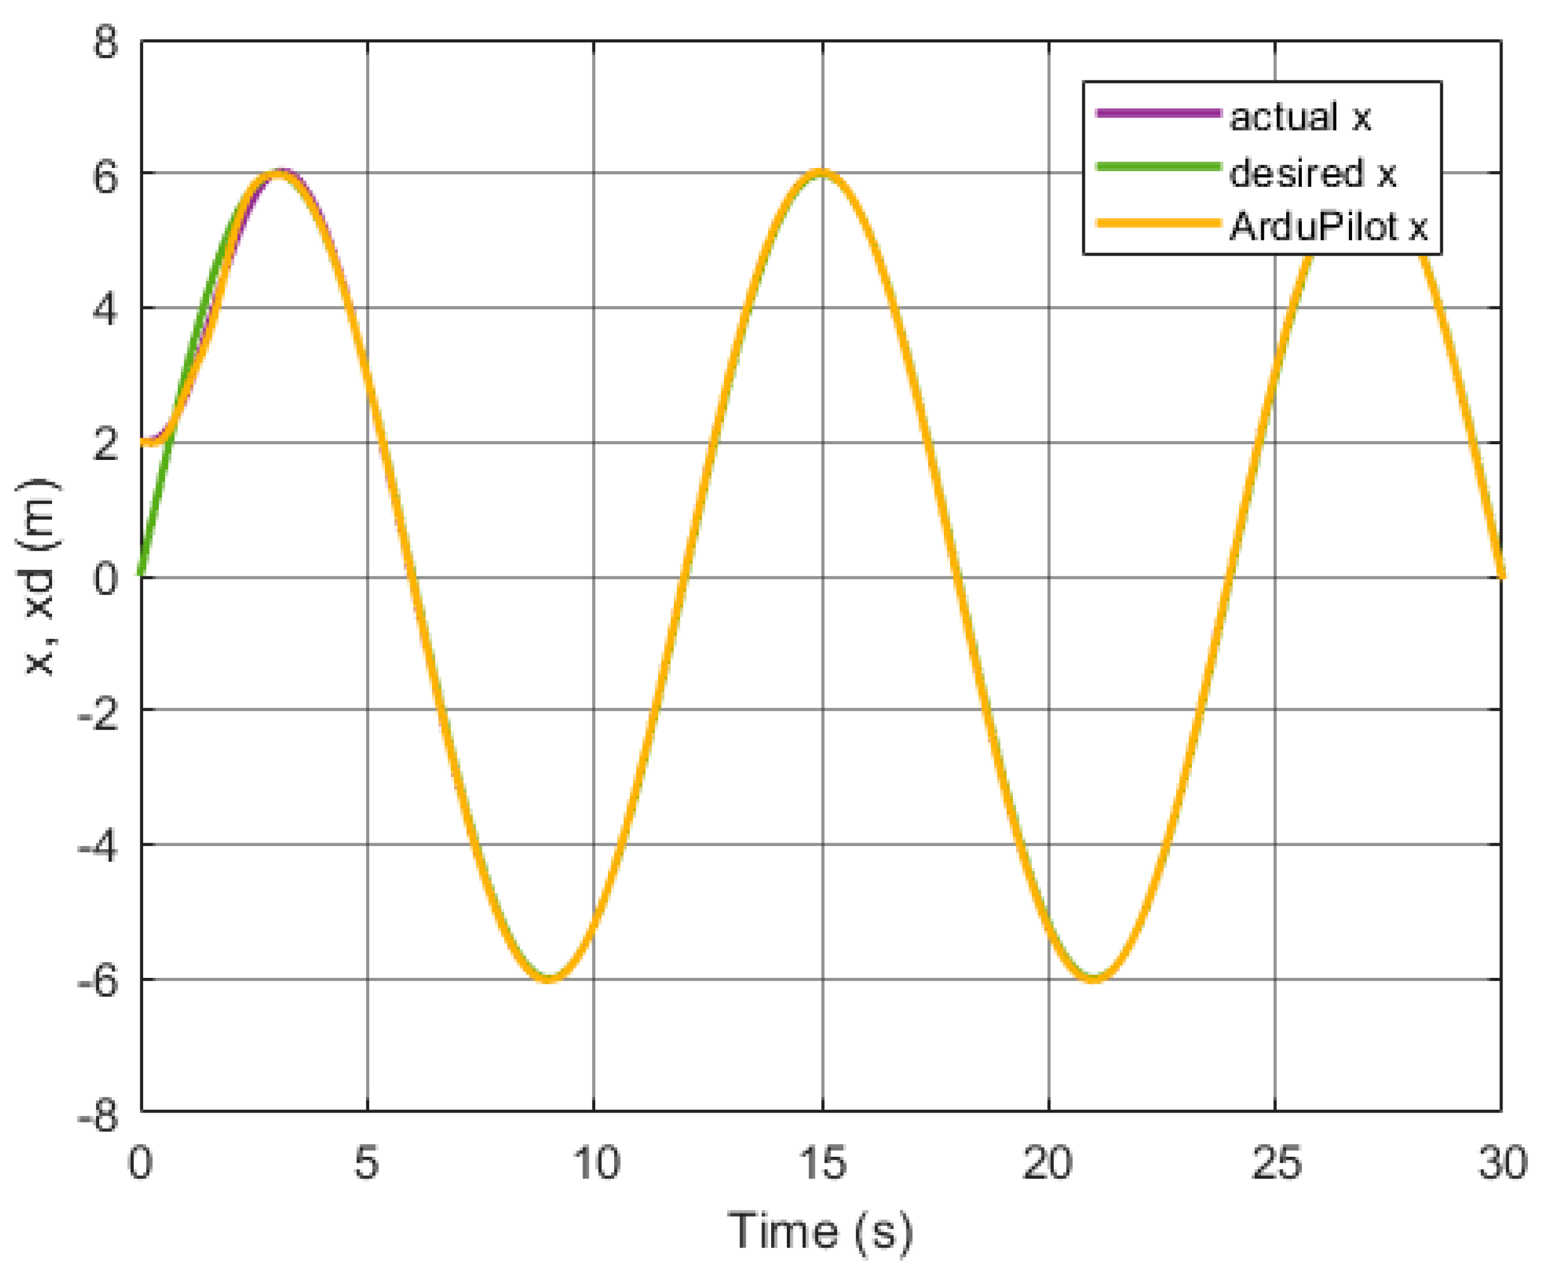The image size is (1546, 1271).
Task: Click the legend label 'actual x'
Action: [x=1299, y=117]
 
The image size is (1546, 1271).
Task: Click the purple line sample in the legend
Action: [x=1158, y=114]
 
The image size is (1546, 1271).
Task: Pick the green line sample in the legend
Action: [x=1158, y=167]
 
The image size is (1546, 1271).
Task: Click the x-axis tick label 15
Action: [x=822, y=1163]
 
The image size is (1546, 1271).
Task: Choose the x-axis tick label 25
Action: [x=1276, y=1163]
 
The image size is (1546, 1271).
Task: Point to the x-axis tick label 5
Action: [x=367, y=1163]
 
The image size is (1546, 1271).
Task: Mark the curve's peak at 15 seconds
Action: [x=822, y=173]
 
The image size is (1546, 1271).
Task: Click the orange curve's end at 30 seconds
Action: [x=1501, y=575]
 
